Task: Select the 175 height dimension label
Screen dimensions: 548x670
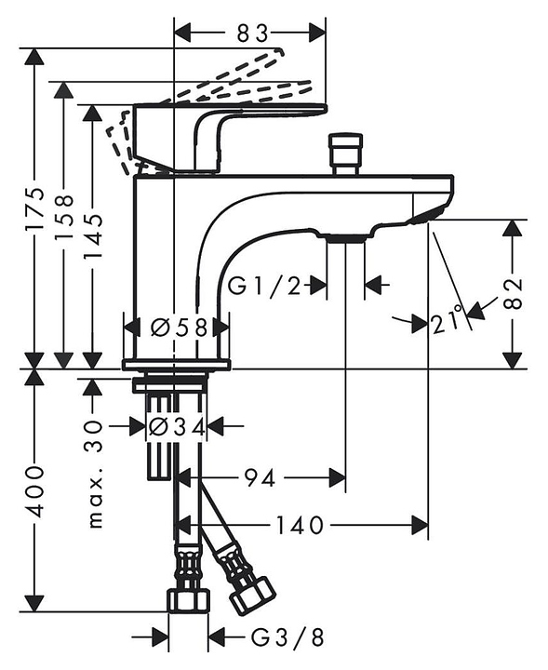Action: (x=34, y=208)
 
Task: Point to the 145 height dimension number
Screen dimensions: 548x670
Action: (x=92, y=235)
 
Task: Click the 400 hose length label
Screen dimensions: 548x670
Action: (x=34, y=491)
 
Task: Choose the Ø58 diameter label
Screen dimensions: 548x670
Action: (x=179, y=328)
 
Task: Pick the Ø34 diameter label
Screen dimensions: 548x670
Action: (x=177, y=426)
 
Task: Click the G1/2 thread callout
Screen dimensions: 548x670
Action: (x=264, y=286)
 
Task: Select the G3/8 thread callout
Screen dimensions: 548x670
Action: (x=287, y=638)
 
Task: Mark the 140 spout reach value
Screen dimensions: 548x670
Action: (x=300, y=525)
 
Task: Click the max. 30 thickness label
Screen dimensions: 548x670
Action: (x=96, y=474)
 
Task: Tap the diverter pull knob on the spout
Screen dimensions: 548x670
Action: (x=346, y=154)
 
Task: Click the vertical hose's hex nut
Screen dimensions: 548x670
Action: (x=189, y=601)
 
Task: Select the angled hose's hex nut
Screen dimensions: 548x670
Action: (x=253, y=596)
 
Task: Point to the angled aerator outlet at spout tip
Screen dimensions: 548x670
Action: (x=426, y=215)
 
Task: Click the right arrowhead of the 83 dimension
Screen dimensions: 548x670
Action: (x=317, y=33)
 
